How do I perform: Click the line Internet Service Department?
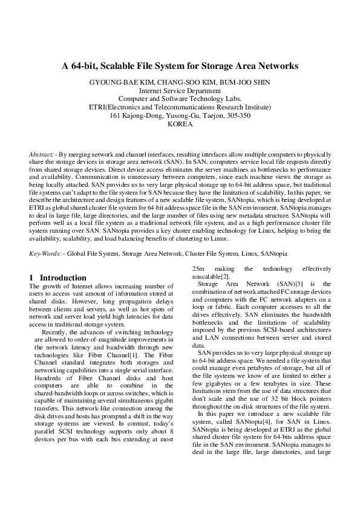tap(180, 91)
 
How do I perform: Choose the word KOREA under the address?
tap(180, 124)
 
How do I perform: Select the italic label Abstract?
tap(41, 155)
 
